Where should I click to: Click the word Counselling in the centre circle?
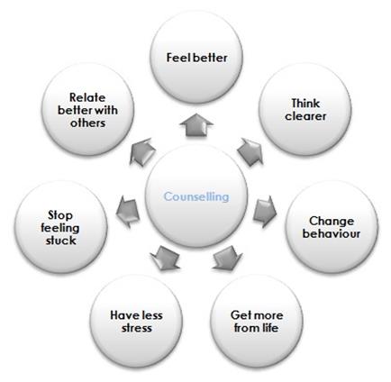click(x=196, y=196)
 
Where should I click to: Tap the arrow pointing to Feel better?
click(x=196, y=125)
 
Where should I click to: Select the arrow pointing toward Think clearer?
click(x=250, y=152)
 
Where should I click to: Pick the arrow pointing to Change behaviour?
click(x=265, y=212)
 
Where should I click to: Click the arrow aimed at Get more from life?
click(x=227, y=258)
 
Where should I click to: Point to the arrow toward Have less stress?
click(x=166, y=258)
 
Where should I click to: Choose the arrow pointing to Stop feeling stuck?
click(x=128, y=212)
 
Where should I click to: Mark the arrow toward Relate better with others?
click(x=142, y=151)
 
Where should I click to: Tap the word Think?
click(x=305, y=104)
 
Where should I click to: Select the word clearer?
click(x=305, y=116)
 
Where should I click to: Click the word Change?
click(x=332, y=221)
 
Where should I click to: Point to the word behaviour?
click(x=332, y=233)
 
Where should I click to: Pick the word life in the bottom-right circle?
click(x=269, y=328)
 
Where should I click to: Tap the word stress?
click(x=136, y=328)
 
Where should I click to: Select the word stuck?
click(x=61, y=241)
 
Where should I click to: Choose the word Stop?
click(x=60, y=215)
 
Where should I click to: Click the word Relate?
click(x=87, y=97)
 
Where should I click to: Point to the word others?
click(x=87, y=123)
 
